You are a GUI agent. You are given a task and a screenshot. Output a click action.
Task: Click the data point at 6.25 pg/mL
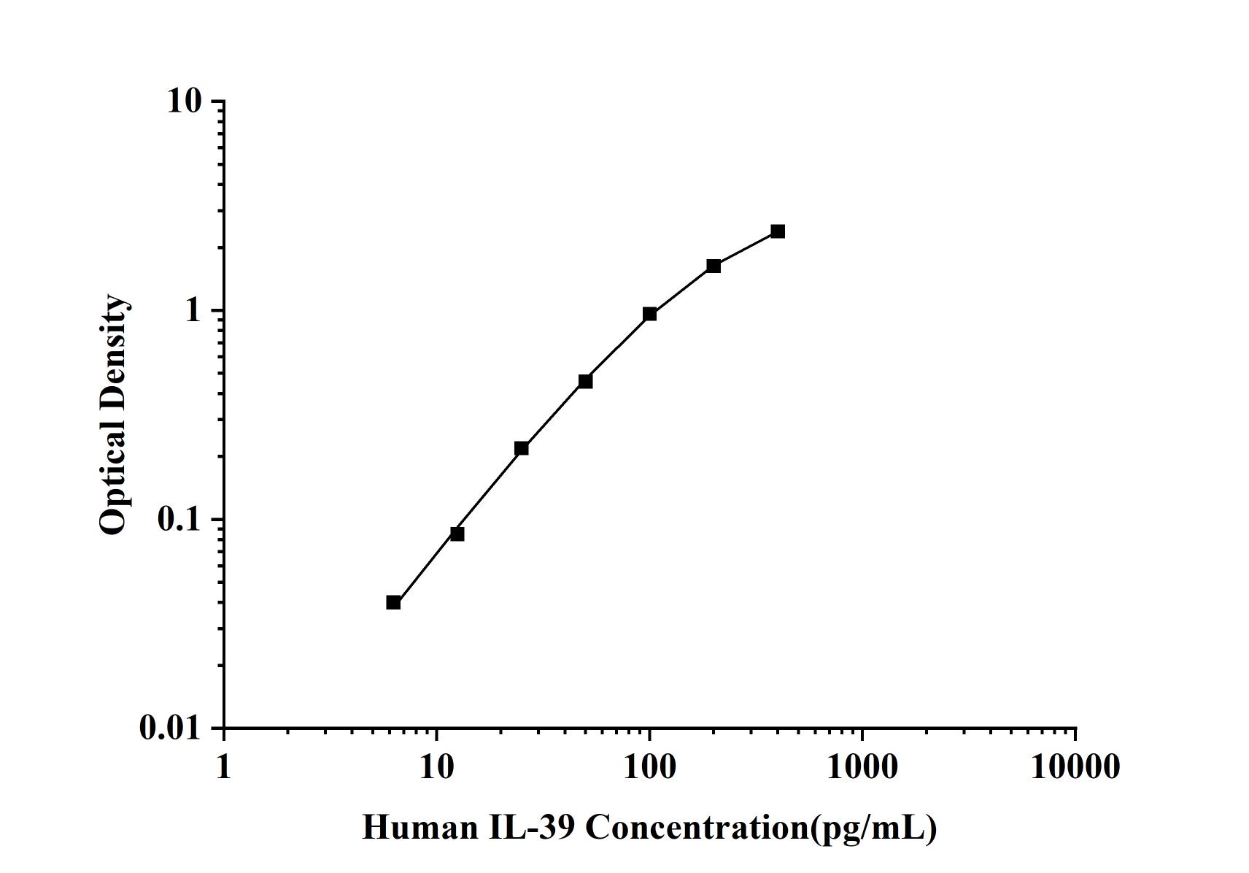pos(393,602)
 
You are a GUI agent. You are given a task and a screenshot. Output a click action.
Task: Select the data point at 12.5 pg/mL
pos(457,534)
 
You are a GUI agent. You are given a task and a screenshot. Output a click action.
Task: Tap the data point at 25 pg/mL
pos(521,448)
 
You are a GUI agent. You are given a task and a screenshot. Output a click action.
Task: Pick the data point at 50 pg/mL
pos(585,381)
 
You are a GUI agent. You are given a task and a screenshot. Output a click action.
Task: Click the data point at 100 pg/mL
pos(649,314)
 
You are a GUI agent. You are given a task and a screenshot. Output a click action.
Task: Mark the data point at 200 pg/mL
pos(714,266)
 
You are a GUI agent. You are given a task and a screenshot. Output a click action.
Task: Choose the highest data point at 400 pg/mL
pos(778,231)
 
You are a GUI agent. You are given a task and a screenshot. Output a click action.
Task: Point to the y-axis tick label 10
pos(184,101)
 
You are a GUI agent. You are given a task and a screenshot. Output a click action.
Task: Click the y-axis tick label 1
pos(193,310)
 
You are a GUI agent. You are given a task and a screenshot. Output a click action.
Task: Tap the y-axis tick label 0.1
pos(178,519)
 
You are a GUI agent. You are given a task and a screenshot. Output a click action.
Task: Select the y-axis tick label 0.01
pos(170,728)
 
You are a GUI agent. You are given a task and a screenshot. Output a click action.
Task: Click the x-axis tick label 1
pos(223,766)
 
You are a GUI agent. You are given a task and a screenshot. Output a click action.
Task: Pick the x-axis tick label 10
pos(436,766)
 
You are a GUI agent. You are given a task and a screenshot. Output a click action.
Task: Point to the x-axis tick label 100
pos(649,766)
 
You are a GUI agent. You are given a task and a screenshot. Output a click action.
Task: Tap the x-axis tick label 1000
pos(862,766)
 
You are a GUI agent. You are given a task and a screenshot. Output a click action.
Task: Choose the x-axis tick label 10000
pos(1075,766)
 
